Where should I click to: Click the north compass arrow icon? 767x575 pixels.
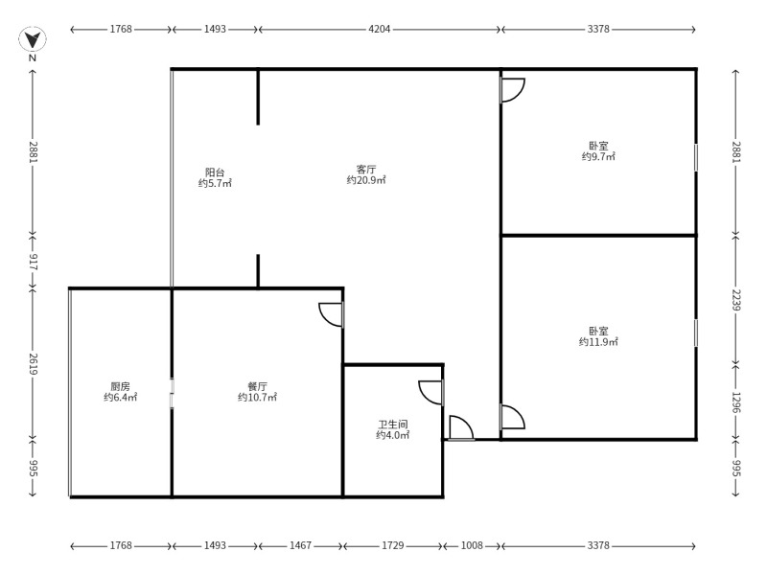click(33, 39)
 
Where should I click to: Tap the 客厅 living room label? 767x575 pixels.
click(366, 170)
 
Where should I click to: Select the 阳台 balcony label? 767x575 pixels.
click(215, 172)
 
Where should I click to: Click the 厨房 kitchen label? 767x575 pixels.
click(121, 386)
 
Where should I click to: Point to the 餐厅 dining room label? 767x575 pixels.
click(257, 386)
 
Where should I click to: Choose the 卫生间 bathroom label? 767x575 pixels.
click(393, 425)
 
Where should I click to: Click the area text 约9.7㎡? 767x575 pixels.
click(598, 156)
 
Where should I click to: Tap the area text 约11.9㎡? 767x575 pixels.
click(598, 342)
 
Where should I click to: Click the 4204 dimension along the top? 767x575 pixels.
click(379, 29)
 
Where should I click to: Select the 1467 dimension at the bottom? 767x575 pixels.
click(300, 545)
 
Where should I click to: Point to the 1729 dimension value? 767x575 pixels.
click(393, 545)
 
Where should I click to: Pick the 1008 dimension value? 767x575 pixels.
click(472, 545)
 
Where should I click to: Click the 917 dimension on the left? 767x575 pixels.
click(33, 262)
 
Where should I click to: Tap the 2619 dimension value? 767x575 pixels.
click(33, 364)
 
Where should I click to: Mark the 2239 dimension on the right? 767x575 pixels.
click(736, 300)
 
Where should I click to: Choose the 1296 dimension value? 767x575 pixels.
click(736, 402)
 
